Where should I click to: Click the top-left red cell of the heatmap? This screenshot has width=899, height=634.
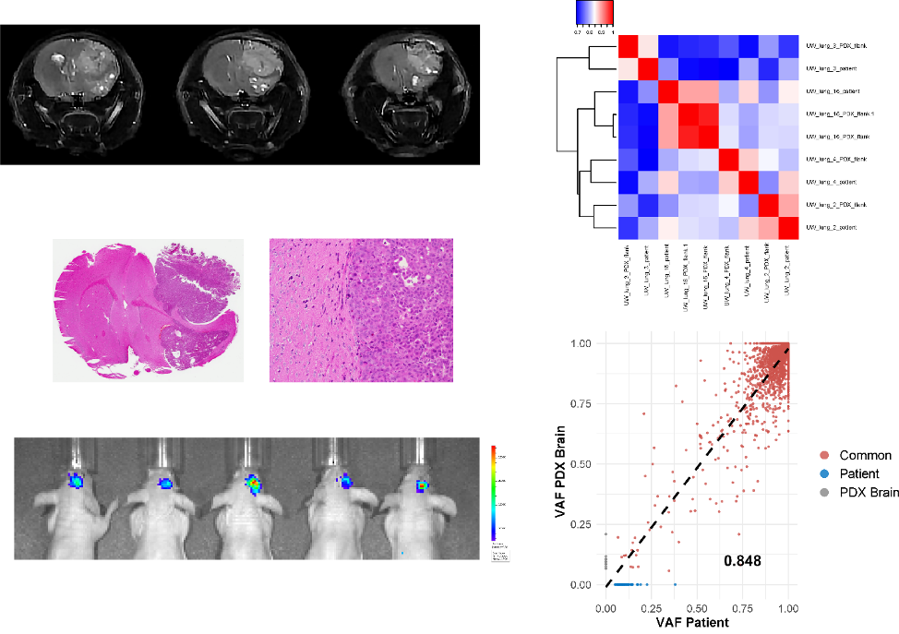click(x=628, y=46)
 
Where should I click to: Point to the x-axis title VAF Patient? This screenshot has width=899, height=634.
click(x=692, y=622)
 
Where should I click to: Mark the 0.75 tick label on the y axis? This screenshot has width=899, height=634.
click(x=581, y=403)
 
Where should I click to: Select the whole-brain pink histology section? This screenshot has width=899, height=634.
click(x=148, y=310)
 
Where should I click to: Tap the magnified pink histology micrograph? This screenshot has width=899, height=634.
click(x=361, y=310)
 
